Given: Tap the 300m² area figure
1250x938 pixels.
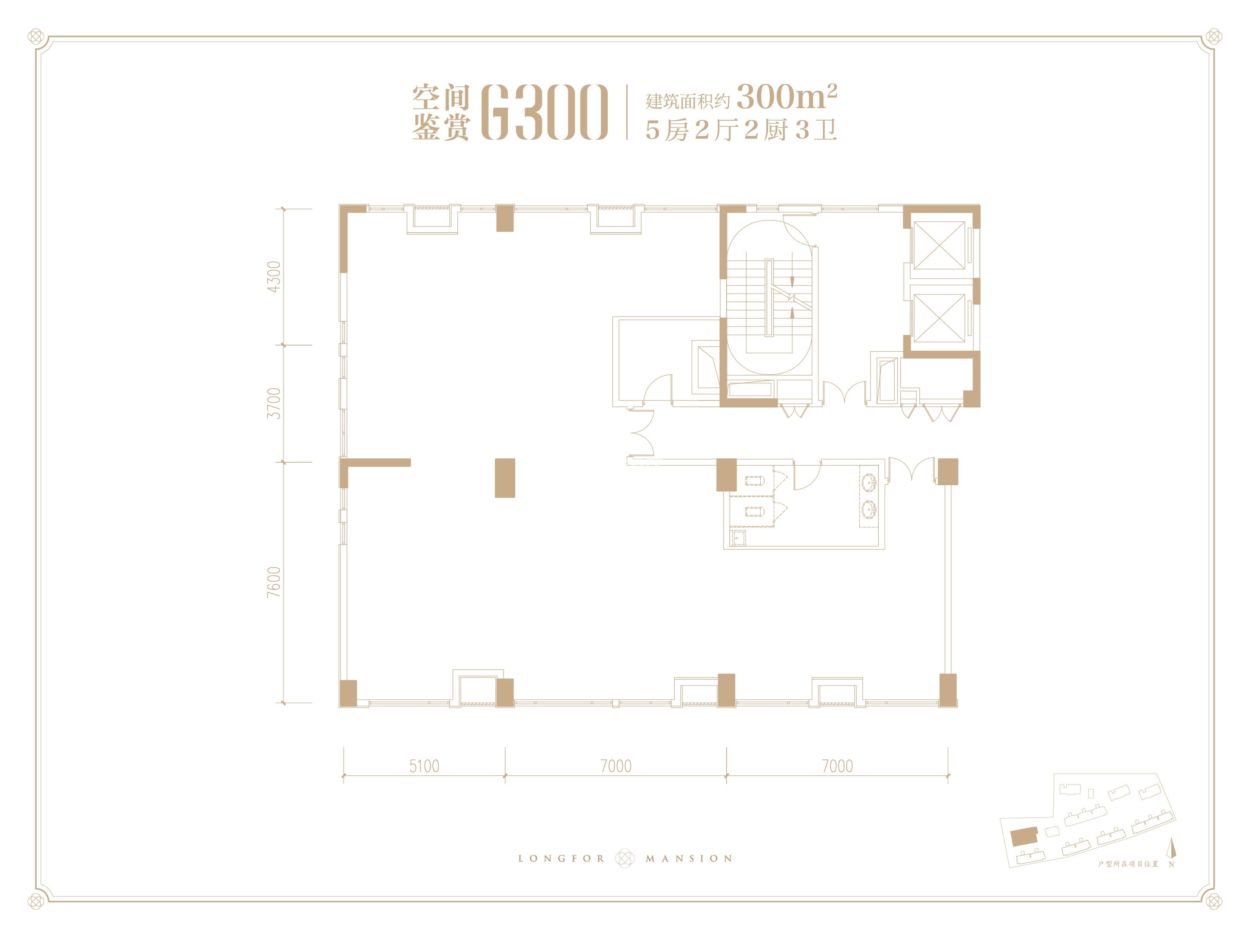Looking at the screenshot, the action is click(787, 97).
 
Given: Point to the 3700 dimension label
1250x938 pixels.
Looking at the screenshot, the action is click(274, 403).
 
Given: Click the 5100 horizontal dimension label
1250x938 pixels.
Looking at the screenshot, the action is click(424, 766).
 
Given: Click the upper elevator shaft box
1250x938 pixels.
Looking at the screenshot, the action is click(939, 245).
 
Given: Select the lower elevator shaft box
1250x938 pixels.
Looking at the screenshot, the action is click(939, 318).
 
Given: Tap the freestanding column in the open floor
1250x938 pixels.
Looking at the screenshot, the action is click(505, 478).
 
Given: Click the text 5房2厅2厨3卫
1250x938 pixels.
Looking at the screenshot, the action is click(741, 131).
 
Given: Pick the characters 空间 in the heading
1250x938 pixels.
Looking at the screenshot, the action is click(441, 98).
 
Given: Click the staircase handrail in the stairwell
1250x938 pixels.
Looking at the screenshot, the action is click(769, 298).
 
